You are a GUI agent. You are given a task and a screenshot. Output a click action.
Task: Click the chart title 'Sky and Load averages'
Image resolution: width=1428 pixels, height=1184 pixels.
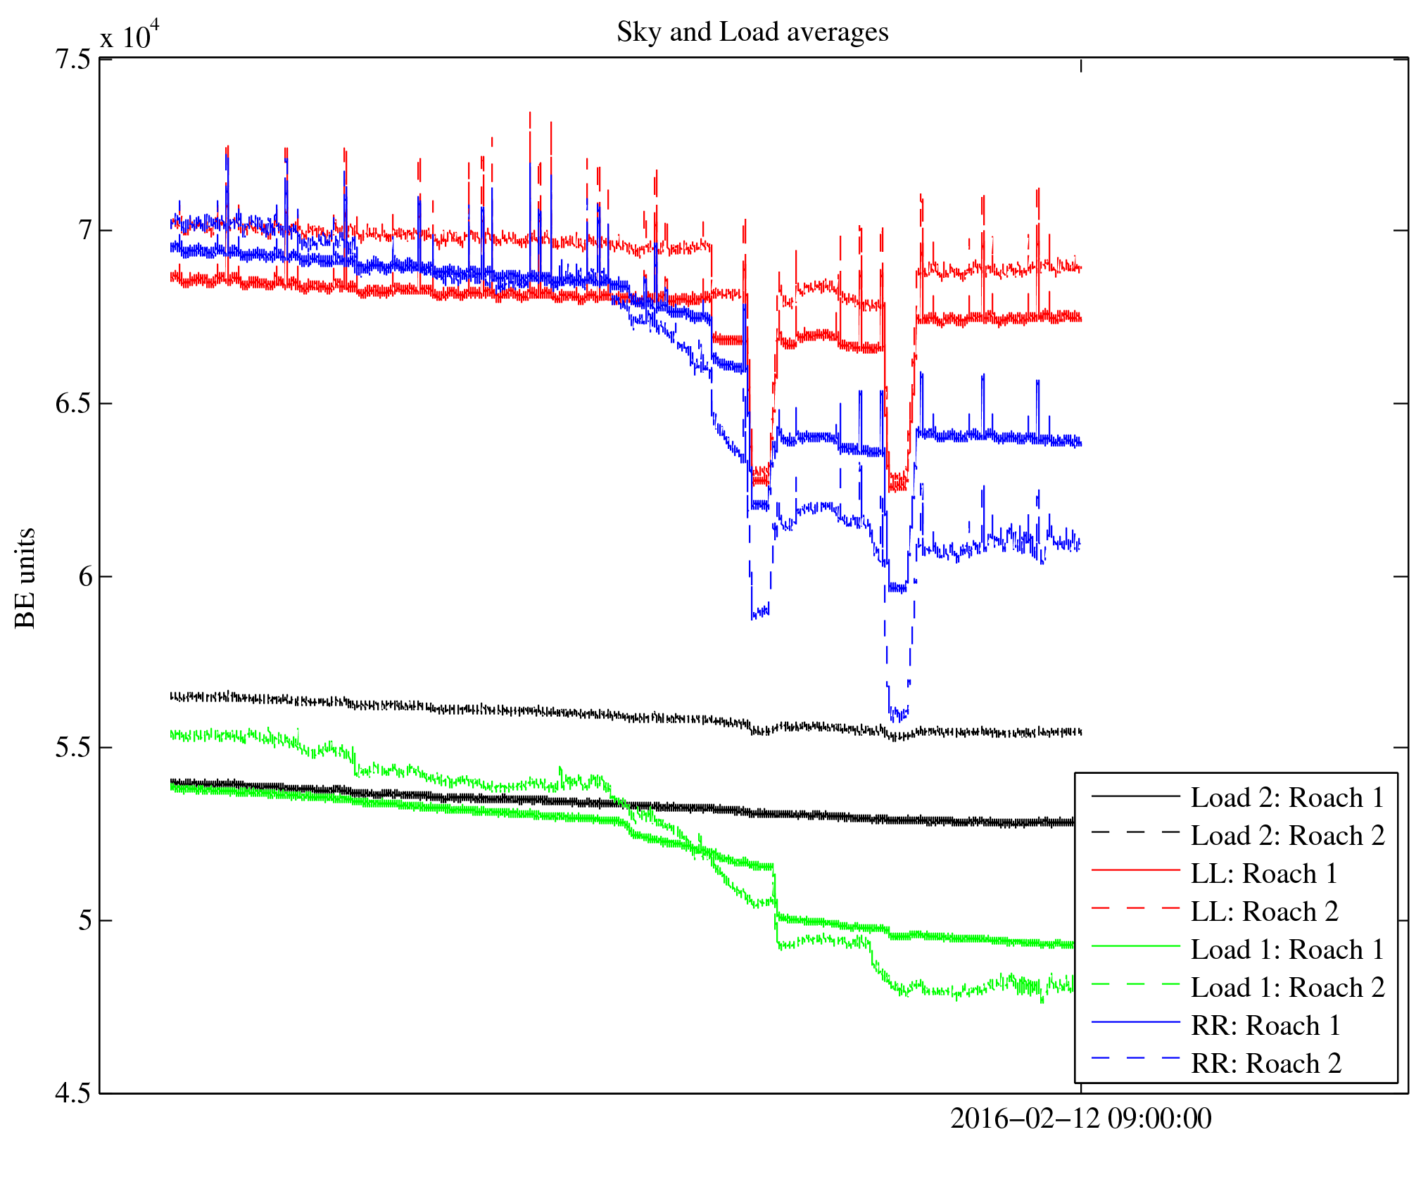752,32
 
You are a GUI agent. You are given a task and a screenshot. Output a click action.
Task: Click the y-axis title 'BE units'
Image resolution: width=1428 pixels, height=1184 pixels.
25,578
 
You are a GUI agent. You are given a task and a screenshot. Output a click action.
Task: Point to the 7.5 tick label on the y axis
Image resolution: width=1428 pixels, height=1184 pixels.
72,59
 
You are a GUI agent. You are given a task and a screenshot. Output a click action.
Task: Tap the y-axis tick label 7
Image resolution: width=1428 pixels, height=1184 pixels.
84,231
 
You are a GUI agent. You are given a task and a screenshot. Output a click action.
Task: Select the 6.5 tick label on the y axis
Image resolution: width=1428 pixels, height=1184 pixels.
72,404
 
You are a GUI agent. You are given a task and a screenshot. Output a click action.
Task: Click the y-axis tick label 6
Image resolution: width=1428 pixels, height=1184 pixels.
84,577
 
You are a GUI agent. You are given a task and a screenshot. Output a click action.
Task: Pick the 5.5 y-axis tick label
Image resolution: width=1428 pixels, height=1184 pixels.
72,748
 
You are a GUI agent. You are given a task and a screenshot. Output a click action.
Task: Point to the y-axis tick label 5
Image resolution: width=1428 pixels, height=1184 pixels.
84,920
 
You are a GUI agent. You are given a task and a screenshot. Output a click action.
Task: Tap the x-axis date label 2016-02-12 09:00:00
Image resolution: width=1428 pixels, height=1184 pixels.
1080,1119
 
